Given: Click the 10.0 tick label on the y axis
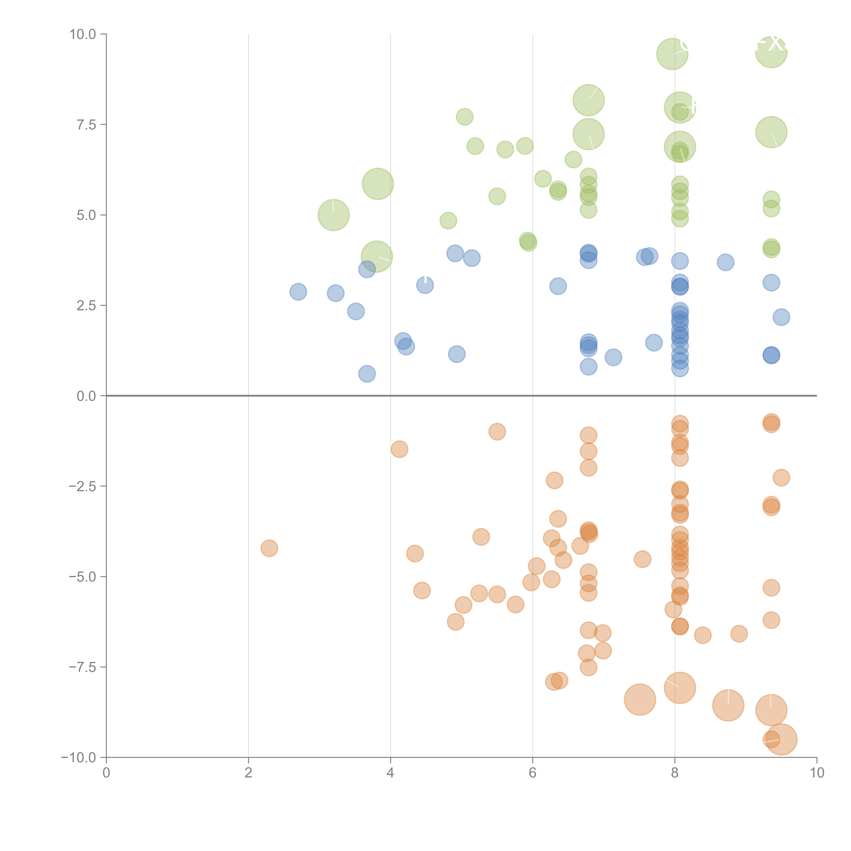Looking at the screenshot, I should click(x=83, y=34).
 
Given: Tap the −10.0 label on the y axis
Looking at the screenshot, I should click(x=78, y=758).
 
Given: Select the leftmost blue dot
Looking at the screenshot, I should click(x=298, y=292).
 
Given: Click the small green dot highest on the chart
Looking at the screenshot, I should click(x=464, y=117).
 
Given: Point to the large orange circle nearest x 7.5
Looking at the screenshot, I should click(x=640, y=700).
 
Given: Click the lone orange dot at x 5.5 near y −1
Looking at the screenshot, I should click(x=497, y=432).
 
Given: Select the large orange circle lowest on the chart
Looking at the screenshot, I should click(x=781, y=740).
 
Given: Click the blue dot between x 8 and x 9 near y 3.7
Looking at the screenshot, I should click(x=725, y=262).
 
